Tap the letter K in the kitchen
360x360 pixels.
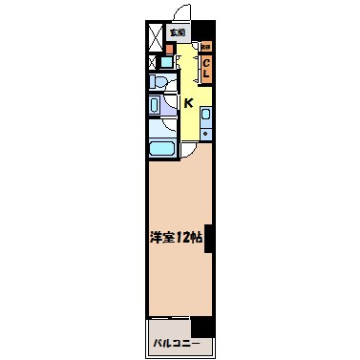point(188,102)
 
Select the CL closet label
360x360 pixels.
point(205,68)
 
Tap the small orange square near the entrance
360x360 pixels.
point(171,46)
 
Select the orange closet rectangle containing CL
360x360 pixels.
point(205,68)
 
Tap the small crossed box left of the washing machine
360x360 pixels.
point(153,64)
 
